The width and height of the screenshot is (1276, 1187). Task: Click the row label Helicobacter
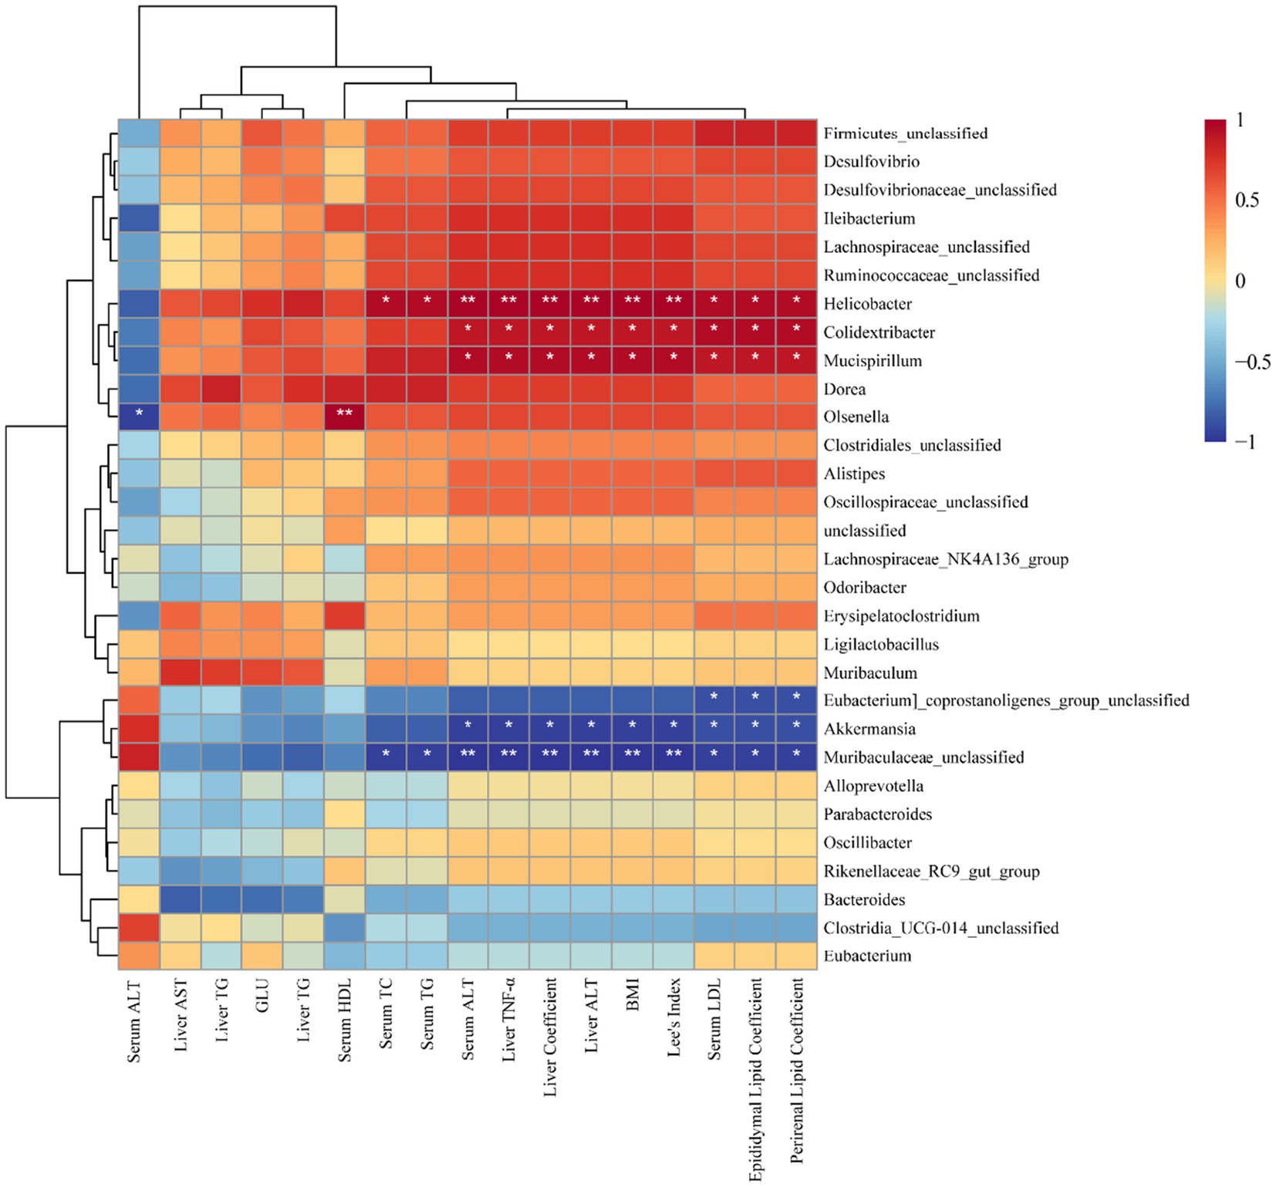tap(867, 304)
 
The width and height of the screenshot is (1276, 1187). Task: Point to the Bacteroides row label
tap(864, 899)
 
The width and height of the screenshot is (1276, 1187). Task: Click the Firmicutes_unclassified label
tap(905, 133)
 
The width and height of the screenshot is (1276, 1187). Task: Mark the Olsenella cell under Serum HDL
tap(344, 417)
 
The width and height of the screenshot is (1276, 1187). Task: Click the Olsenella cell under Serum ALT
tap(139, 417)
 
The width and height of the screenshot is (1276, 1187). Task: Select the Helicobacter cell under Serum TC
tap(386, 304)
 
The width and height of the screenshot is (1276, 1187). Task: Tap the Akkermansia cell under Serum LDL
tap(714, 729)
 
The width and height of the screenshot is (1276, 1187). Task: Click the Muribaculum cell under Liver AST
tap(180, 673)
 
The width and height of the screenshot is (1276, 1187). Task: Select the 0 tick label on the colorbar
tap(1241, 282)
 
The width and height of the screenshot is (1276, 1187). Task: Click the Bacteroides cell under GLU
tap(262, 899)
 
